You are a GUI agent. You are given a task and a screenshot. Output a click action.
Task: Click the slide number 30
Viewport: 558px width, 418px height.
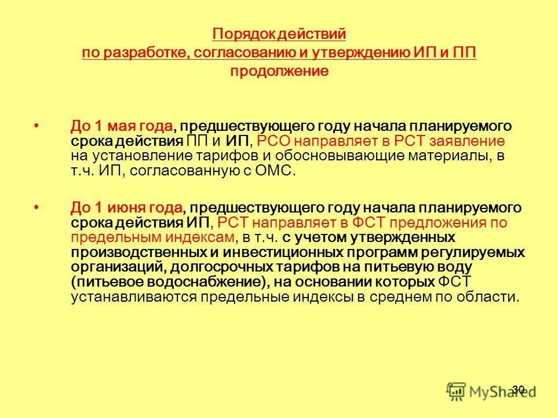(x=518, y=389)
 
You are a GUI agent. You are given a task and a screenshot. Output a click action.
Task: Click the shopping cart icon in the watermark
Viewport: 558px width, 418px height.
(x=457, y=391)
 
